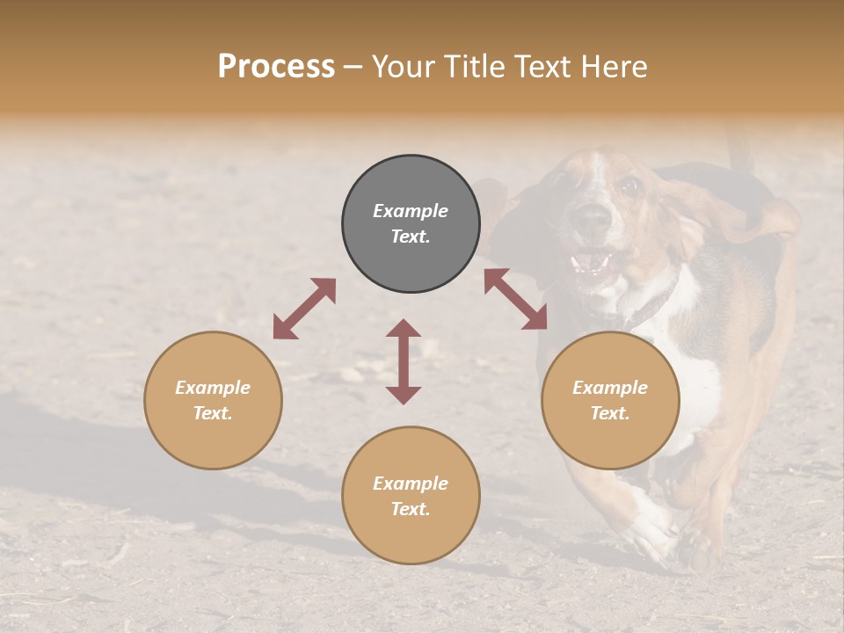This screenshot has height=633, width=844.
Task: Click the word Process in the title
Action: [x=276, y=67]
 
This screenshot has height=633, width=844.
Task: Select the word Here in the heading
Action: [x=613, y=67]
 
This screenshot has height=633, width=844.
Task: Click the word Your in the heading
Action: [x=404, y=67]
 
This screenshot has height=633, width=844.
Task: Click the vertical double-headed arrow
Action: [x=404, y=361]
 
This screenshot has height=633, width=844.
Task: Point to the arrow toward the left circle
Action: [x=304, y=309]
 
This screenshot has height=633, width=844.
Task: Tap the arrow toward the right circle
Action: [x=516, y=299]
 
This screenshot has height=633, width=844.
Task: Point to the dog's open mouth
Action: [x=591, y=262]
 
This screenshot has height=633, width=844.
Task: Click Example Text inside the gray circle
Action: [x=411, y=223]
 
